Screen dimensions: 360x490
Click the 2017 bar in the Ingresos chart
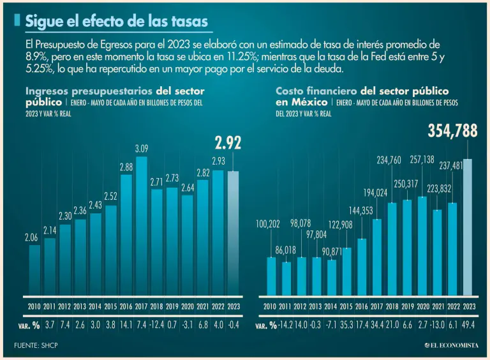tap(142, 227)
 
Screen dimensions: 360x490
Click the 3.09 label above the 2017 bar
tap(142, 149)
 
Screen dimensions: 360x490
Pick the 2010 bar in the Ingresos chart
tap(34, 270)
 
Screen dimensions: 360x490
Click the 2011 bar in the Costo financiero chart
tap(286, 279)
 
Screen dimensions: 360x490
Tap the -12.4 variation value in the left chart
tap(157, 325)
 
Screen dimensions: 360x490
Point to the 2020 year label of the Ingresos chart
tap(188, 307)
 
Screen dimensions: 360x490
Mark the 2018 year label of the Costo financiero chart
tap(392, 307)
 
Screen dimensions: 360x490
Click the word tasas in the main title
tap(186, 22)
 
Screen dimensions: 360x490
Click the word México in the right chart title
tap(304, 101)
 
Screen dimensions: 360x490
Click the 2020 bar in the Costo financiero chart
tap(422, 246)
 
